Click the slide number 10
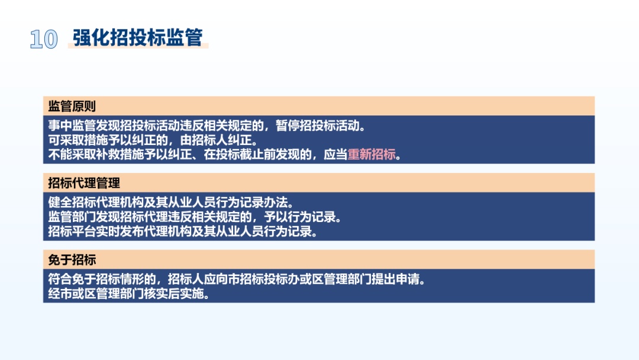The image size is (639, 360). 44,40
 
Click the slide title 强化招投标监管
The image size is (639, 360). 138,37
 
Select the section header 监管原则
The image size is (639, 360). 72,107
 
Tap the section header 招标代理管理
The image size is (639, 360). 84,183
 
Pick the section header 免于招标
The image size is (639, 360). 72,260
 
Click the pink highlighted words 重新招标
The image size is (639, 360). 371,155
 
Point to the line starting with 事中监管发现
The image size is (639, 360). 206,126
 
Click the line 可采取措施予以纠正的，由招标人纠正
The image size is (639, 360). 153,140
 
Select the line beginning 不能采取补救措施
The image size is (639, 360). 225,155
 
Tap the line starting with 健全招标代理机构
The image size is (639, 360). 171,202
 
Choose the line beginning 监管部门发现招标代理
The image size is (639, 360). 195,217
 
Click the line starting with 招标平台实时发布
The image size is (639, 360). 183,232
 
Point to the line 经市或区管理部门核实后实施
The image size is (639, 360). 129,294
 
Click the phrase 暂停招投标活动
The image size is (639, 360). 318,126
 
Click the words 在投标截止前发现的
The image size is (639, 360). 257,155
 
